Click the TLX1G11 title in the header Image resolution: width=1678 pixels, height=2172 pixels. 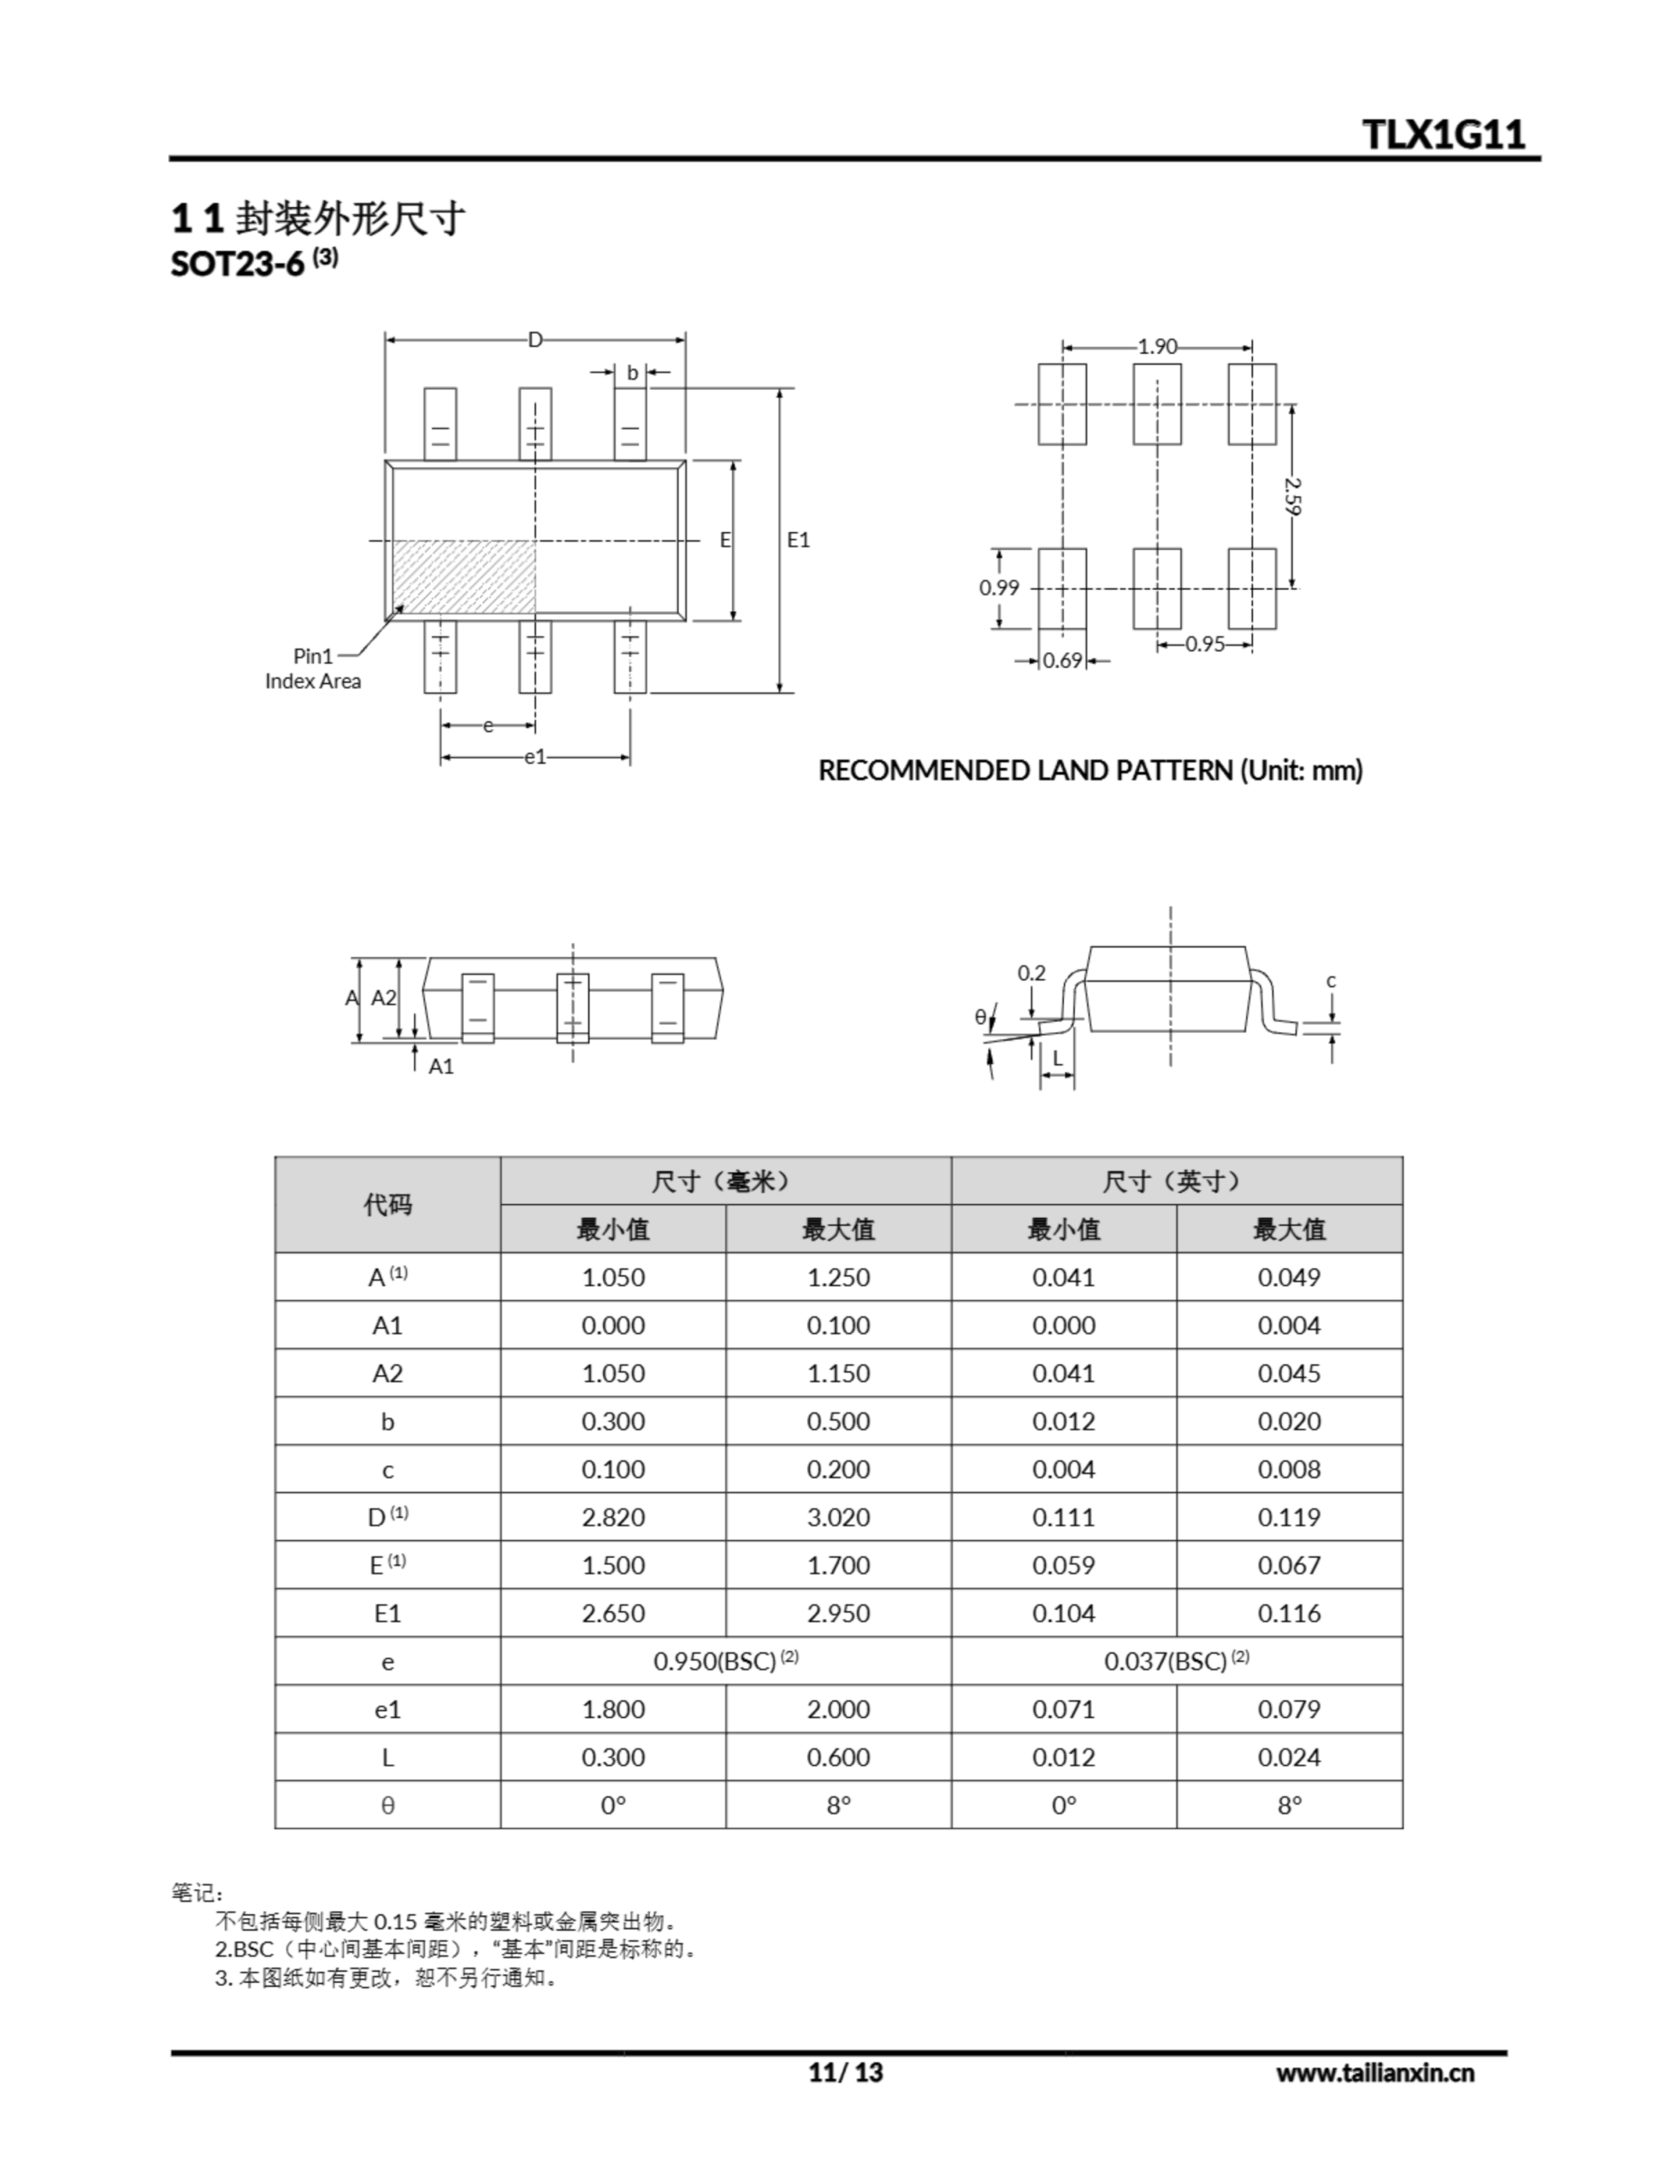tap(1443, 134)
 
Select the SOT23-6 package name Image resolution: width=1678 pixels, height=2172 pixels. tap(238, 265)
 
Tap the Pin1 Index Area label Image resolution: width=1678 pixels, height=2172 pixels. tap(312, 669)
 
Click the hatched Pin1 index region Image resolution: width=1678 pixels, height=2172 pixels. tap(466, 577)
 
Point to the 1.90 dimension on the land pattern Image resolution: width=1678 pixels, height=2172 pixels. tap(1157, 346)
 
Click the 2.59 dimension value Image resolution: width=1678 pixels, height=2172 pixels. tap(1292, 495)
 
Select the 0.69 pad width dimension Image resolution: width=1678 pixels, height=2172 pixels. tap(1062, 660)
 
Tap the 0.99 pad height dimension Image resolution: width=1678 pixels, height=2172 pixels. tap(998, 588)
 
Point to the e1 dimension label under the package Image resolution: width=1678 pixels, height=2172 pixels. tap(535, 757)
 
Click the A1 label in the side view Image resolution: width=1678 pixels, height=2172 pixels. tap(440, 1066)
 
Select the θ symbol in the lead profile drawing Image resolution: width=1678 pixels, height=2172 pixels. tap(981, 1016)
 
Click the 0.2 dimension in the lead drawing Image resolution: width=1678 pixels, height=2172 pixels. tap(1032, 972)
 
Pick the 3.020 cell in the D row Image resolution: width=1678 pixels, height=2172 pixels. tap(838, 1517)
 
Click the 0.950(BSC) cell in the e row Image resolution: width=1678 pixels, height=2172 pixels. tap(725, 1661)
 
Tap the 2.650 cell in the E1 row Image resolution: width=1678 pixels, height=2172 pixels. tap(612, 1613)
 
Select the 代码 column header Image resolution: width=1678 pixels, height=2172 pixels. tap(387, 1204)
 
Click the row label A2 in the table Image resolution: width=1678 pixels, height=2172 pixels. tap(387, 1374)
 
